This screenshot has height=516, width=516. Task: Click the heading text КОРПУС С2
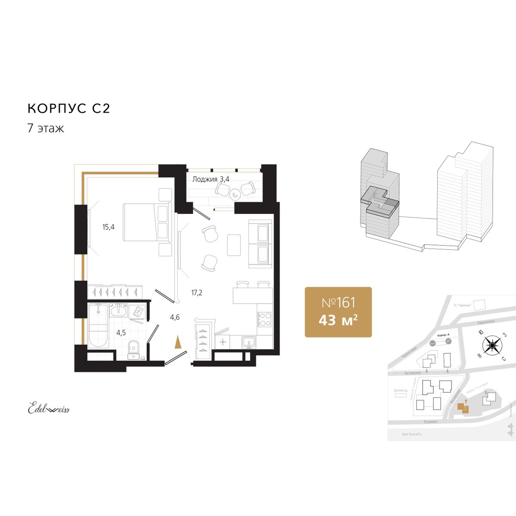pos(69,108)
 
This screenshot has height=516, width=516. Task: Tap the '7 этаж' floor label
pos(46,128)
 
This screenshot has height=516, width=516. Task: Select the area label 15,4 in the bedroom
pos(108,227)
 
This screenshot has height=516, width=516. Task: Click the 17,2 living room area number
pos(197,293)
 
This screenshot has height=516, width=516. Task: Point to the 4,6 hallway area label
pos(175,318)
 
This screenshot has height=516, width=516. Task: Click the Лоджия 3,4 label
pos(211,179)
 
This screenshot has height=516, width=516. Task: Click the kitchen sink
pos(249,342)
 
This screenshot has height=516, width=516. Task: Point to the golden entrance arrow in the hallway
pos(178,343)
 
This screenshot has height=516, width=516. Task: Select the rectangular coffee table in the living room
pos(234,244)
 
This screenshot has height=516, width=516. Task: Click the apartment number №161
pos(338,303)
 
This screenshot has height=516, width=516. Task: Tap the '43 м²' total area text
pos(338,320)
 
